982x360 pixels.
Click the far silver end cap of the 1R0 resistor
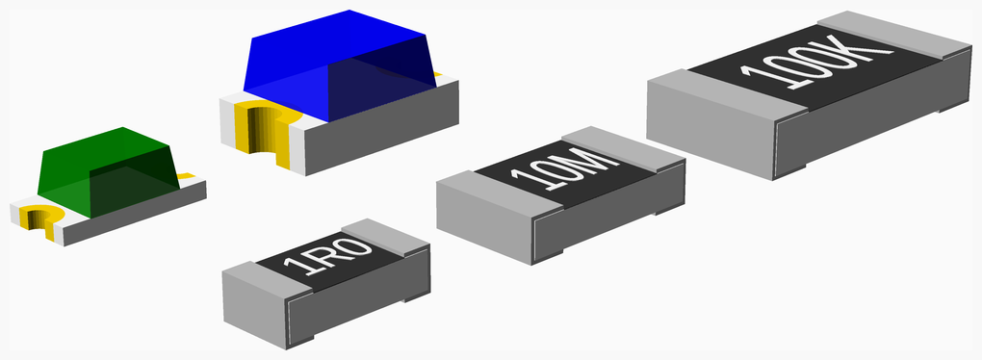click(x=385, y=237)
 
